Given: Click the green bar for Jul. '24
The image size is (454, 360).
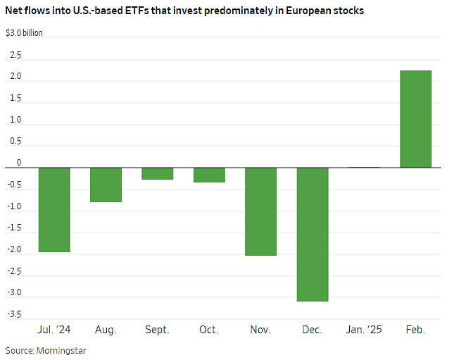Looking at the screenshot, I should tap(54, 209).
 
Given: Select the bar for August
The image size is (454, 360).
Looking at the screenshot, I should tap(106, 185).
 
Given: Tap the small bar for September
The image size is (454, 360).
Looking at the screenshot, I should tap(157, 173).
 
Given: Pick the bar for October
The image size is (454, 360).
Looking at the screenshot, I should tap(209, 175).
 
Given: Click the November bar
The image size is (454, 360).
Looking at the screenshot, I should tap(260, 211).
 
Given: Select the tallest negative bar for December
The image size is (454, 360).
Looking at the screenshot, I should tap(312, 234).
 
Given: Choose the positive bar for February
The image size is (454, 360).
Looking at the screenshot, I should tap(415, 119).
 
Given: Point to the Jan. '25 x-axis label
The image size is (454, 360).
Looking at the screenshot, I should tap(363, 329).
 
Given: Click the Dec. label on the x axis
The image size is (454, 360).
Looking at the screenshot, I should tap(312, 329).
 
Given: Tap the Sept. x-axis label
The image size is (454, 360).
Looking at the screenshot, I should tap(157, 329).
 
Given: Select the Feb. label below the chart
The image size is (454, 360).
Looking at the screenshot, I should tap(415, 329).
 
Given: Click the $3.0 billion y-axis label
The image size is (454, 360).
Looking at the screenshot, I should tap(24, 33).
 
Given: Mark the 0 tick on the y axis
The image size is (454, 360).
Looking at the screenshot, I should tap(19, 163).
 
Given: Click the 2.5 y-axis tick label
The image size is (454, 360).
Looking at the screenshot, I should tap(15, 55).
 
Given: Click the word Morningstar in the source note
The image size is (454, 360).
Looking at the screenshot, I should tap(63, 349).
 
